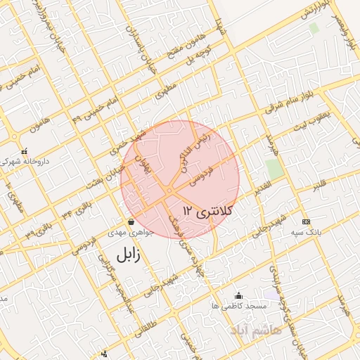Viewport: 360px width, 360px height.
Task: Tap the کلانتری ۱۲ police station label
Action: click(x=207, y=210)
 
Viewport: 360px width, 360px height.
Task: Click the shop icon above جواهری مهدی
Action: click(x=131, y=221)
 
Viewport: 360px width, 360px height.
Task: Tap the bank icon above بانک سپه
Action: click(x=305, y=221)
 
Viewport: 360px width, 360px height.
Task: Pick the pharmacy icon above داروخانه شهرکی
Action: click(x=25, y=150)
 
